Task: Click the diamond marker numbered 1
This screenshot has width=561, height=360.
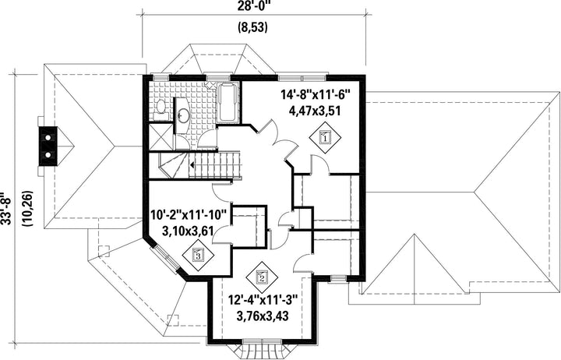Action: [325, 137]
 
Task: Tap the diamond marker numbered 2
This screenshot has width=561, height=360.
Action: [263, 277]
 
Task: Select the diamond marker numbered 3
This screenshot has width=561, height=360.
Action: [198, 255]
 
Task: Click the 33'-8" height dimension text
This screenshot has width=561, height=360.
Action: [5, 210]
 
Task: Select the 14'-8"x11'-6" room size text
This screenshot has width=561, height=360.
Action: [316, 95]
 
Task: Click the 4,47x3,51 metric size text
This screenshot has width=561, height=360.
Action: [316, 111]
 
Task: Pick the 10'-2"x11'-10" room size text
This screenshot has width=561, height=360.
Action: [189, 215]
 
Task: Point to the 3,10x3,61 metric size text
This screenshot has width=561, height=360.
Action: [189, 231]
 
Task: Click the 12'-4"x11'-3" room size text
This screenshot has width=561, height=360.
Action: [263, 299]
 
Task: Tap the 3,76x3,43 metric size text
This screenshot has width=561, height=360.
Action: [263, 316]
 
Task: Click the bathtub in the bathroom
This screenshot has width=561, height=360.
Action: [228, 102]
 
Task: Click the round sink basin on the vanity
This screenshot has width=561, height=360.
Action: [184, 115]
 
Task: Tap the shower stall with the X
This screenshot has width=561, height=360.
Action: [161, 136]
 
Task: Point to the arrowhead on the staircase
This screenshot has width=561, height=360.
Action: [192, 165]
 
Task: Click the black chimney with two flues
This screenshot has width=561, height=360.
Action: [48, 146]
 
